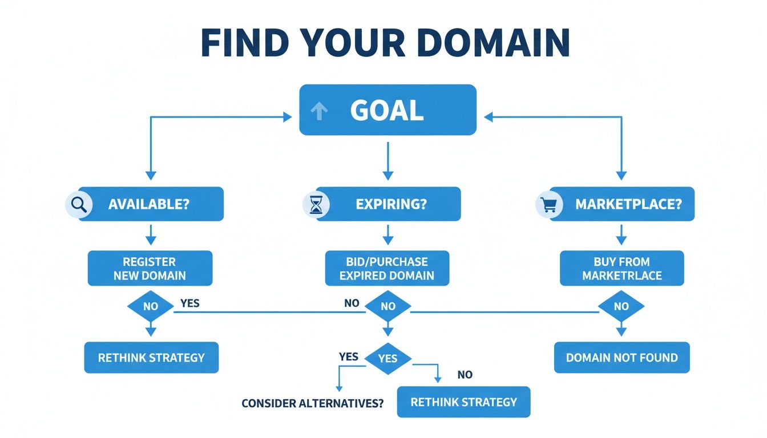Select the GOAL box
point(387,110)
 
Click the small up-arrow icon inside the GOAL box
point(318,112)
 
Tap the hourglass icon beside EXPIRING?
point(316,204)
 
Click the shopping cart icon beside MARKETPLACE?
point(548,204)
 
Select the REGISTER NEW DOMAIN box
point(150,269)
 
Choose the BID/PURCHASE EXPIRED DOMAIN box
point(387,269)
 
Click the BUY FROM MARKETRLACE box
point(621,269)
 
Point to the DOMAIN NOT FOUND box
point(621,358)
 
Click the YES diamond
point(387,358)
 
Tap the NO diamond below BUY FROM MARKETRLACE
point(621,306)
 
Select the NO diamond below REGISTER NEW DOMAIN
point(150,306)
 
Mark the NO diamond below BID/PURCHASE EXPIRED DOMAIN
point(387,306)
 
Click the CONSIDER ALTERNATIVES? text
point(312,403)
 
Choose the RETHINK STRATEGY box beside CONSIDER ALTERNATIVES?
point(463,402)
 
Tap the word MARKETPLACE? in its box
point(628,204)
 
